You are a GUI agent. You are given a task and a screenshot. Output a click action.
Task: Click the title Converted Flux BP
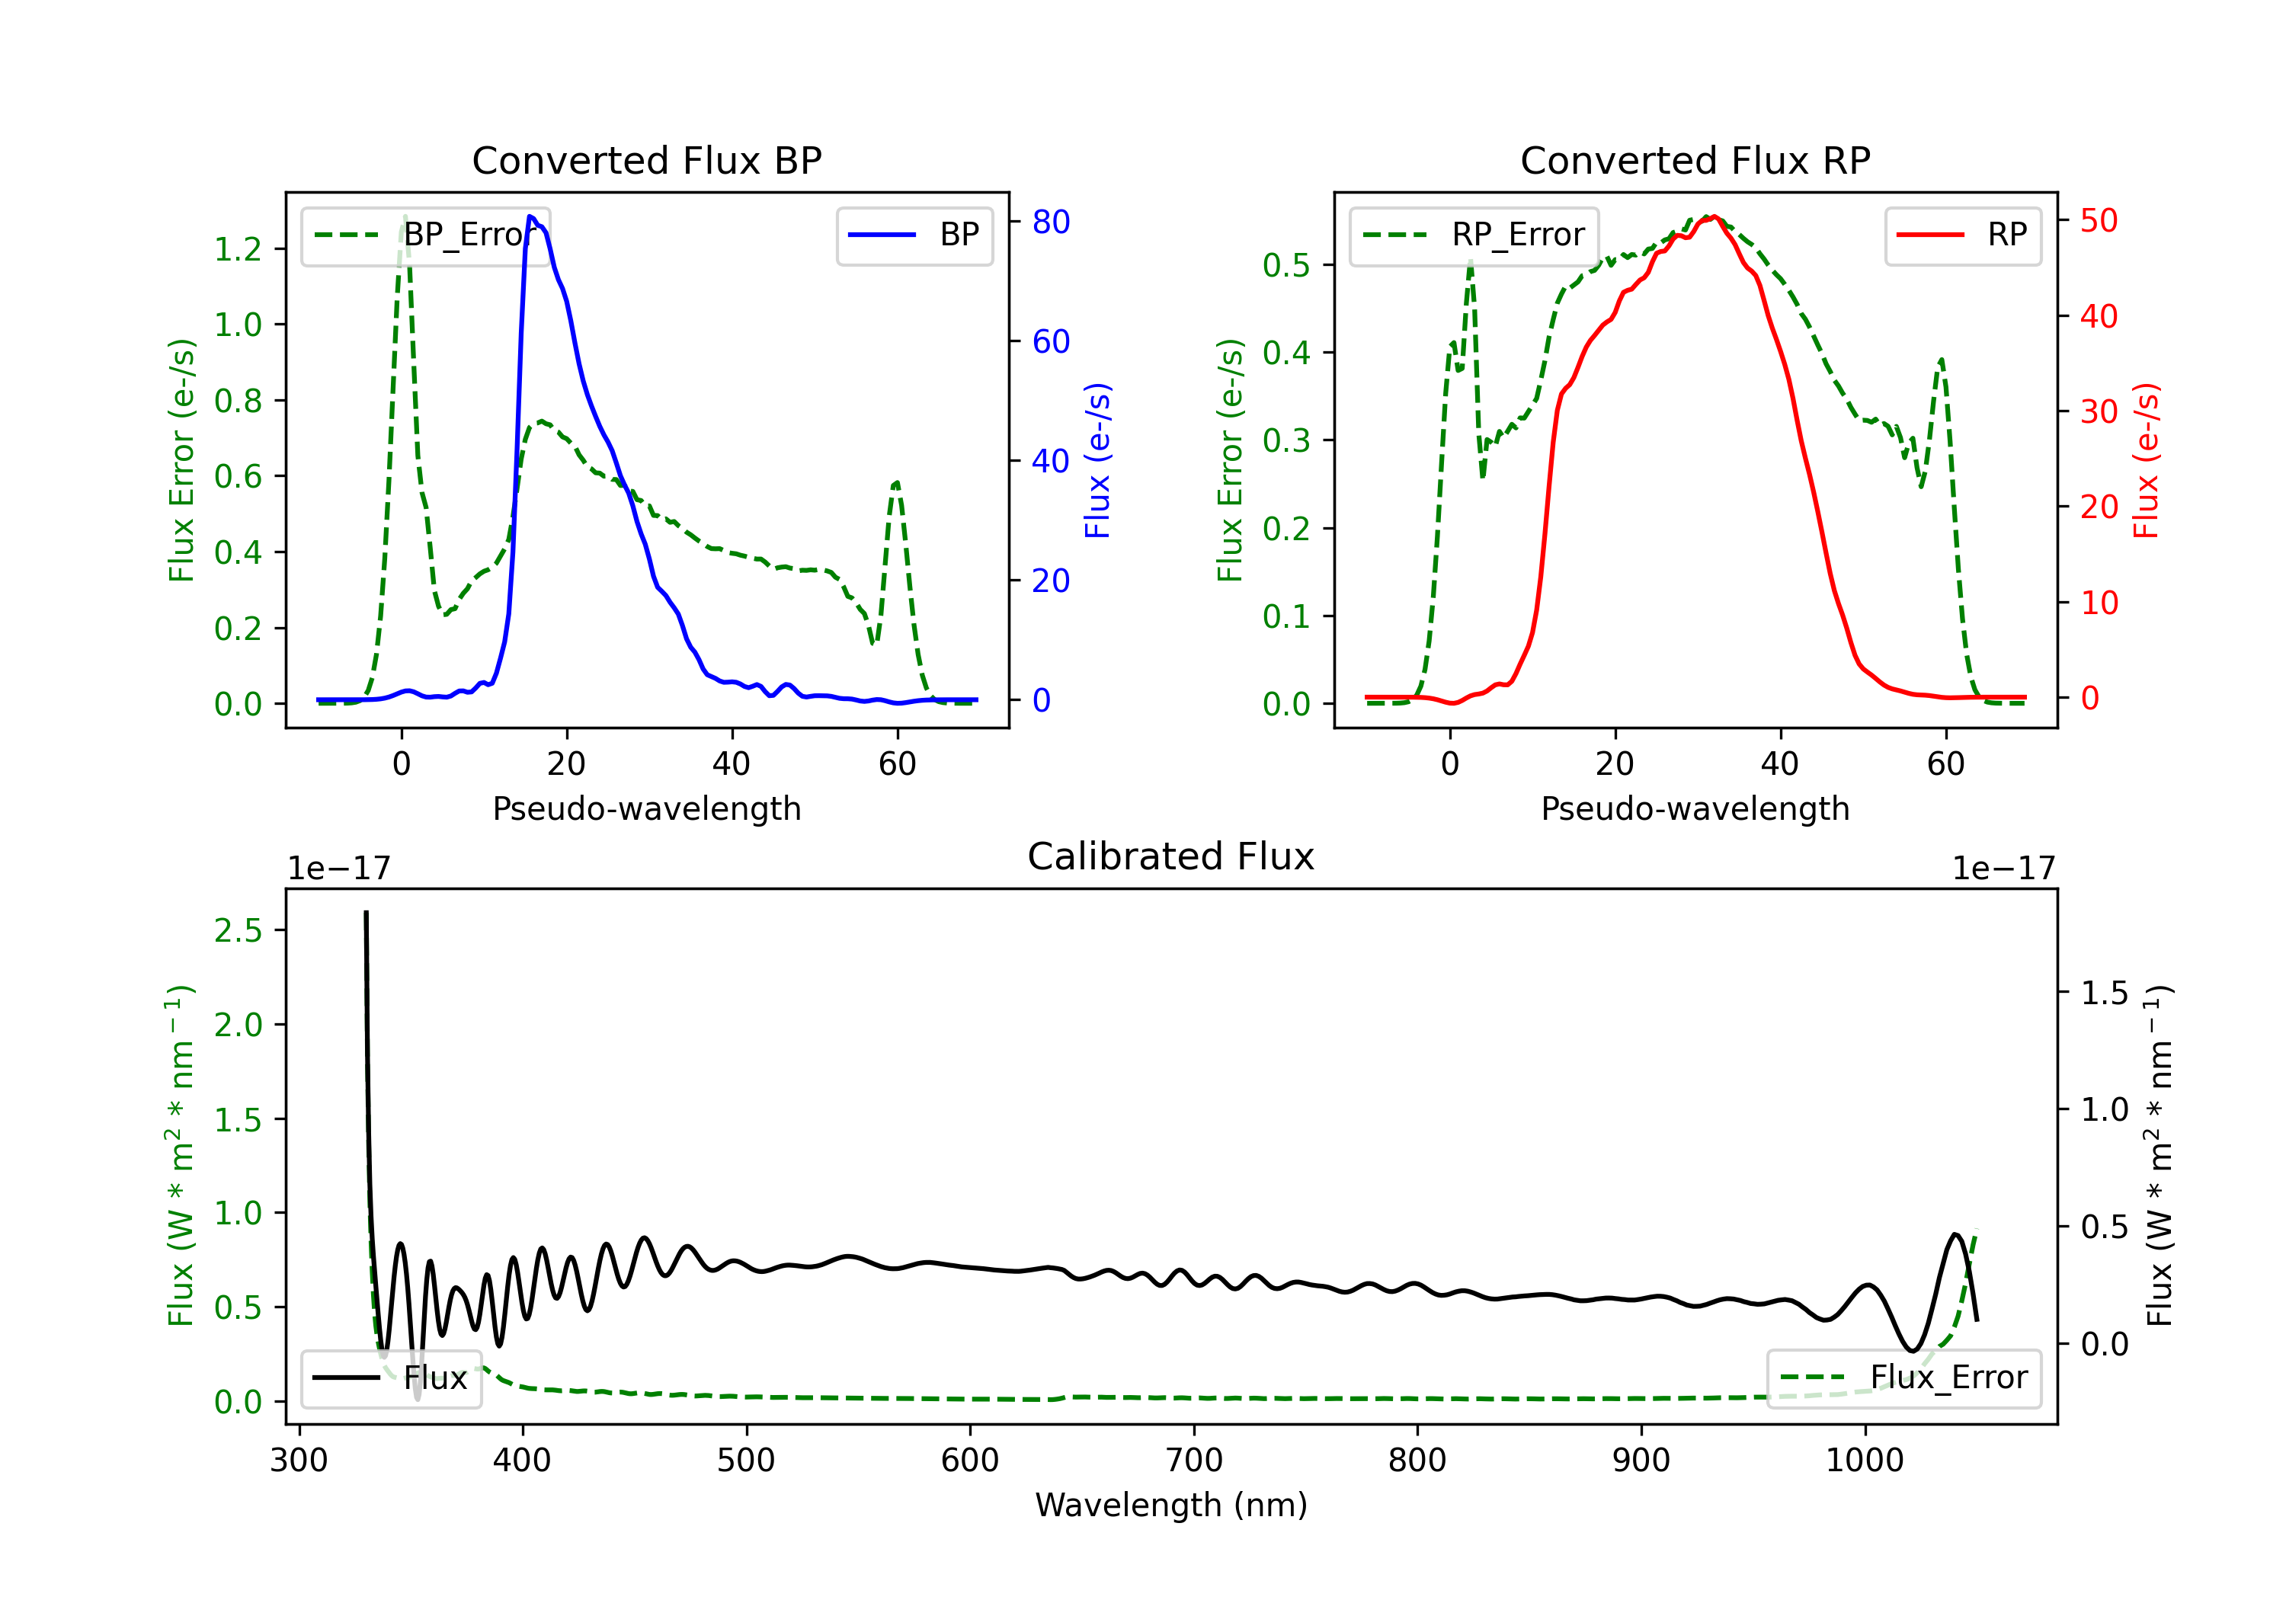click(646, 160)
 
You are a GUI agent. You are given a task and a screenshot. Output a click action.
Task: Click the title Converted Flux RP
click(1695, 160)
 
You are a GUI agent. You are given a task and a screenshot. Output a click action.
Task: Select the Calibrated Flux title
click(1171, 856)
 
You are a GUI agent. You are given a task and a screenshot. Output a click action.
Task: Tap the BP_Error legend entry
click(425, 235)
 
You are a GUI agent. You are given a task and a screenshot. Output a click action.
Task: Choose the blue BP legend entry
click(914, 235)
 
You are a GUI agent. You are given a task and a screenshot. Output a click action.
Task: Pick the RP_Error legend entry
click(1474, 235)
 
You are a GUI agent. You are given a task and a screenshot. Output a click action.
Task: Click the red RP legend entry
click(1962, 235)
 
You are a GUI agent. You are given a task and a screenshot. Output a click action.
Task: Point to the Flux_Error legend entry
click(1903, 1378)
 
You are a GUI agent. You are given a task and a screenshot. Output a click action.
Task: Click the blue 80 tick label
click(1052, 222)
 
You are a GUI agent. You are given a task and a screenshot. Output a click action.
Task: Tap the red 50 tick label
click(2099, 221)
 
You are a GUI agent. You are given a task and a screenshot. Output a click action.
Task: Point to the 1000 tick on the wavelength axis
click(1865, 1461)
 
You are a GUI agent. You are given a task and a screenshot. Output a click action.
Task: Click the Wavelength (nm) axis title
click(1171, 1506)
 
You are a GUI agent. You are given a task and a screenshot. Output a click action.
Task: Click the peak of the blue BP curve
click(530, 216)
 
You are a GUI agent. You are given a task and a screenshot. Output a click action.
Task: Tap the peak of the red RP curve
click(1714, 217)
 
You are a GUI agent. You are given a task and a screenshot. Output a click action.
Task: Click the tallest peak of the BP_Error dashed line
click(404, 216)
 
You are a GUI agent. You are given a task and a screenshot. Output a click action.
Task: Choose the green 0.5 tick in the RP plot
click(1286, 265)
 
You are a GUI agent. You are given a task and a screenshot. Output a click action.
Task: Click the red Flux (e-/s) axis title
click(2146, 460)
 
